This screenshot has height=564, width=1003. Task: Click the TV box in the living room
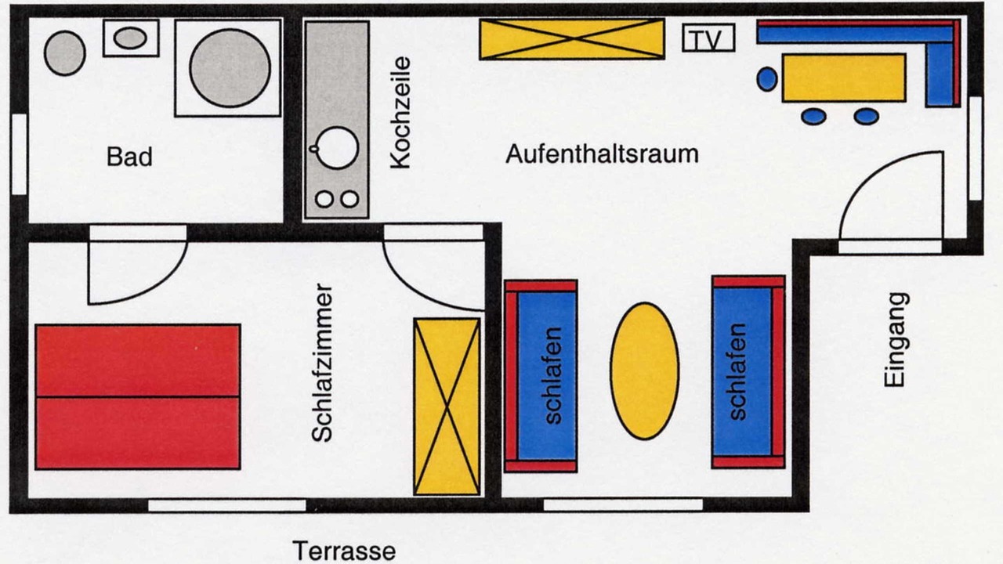(708, 38)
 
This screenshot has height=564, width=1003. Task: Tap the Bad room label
(129, 157)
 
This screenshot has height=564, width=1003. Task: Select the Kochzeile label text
(400, 112)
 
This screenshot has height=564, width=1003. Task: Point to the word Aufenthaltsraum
(602, 154)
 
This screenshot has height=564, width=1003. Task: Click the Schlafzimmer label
(322, 363)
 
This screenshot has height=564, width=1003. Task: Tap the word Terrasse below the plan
(344, 551)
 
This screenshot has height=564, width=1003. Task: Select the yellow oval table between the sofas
(644, 371)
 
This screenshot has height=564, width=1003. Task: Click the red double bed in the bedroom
(138, 397)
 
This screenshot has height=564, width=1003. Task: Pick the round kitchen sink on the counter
(337, 148)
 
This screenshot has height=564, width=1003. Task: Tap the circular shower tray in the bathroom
(230, 68)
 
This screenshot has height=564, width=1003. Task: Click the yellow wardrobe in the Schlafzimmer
(447, 407)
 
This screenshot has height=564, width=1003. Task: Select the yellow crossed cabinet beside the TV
(572, 39)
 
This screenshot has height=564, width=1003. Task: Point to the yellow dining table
(844, 78)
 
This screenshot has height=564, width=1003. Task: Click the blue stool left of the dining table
(767, 79)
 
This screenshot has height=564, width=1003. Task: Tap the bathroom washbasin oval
(130, 38)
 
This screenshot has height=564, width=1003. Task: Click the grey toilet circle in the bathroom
(65, 53)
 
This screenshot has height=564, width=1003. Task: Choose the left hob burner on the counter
(324, 199)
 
